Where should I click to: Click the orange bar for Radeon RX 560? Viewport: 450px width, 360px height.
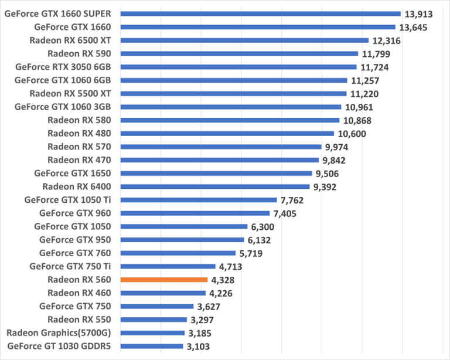point(164,280)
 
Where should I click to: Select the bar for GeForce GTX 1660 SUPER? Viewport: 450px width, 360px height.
point(260,13)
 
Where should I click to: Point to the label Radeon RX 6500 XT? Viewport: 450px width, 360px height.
point(74,40)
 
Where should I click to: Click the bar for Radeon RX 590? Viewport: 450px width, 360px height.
point(239,53)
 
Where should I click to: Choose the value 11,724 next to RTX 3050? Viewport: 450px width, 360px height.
point(374,67)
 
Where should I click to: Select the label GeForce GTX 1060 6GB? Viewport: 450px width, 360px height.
point(67,80)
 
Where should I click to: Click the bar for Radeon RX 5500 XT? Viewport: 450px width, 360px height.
point(233,93)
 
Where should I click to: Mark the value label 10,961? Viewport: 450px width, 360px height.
point(359,107)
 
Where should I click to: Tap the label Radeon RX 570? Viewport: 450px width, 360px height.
point(83,147)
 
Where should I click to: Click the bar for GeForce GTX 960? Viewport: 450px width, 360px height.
point(195,213)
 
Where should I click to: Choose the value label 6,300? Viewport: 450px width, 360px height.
point(264,226)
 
